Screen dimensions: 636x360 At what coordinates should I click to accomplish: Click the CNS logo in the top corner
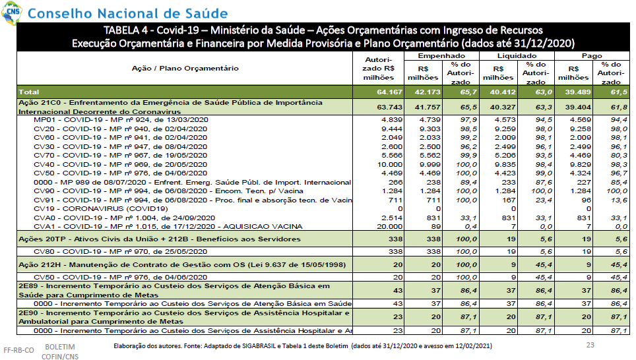[11, 11]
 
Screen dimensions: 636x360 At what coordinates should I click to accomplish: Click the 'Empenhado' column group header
[441, 55]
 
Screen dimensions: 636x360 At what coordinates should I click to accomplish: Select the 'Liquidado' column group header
[517, 55]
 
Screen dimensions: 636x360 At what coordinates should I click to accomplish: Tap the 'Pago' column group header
[592, 55]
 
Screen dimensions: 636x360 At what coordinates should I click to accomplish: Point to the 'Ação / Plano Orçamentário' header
[185, 68]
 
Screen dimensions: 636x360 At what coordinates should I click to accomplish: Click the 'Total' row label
[29, 92]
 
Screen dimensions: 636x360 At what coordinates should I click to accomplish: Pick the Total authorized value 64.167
[389, 92]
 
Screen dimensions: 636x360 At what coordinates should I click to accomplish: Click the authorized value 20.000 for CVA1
[389, 227]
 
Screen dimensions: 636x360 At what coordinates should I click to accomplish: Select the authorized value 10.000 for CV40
[389, 164]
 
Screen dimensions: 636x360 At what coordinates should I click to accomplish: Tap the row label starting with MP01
[121, 120]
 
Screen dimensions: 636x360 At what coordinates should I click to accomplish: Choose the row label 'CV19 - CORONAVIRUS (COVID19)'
[100, 209]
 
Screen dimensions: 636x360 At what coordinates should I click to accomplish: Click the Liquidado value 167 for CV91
[508, 200]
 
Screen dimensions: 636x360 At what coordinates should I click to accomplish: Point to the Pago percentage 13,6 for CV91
[619, 200]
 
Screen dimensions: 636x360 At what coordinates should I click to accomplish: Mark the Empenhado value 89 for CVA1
[436, 227]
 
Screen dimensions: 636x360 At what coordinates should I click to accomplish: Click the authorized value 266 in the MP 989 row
[395, 183]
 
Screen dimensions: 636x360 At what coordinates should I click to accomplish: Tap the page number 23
[590, 345]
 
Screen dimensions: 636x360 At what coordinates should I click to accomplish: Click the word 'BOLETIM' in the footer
[60, 347]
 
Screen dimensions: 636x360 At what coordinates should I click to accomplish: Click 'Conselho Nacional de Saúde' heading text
[128, 13]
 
